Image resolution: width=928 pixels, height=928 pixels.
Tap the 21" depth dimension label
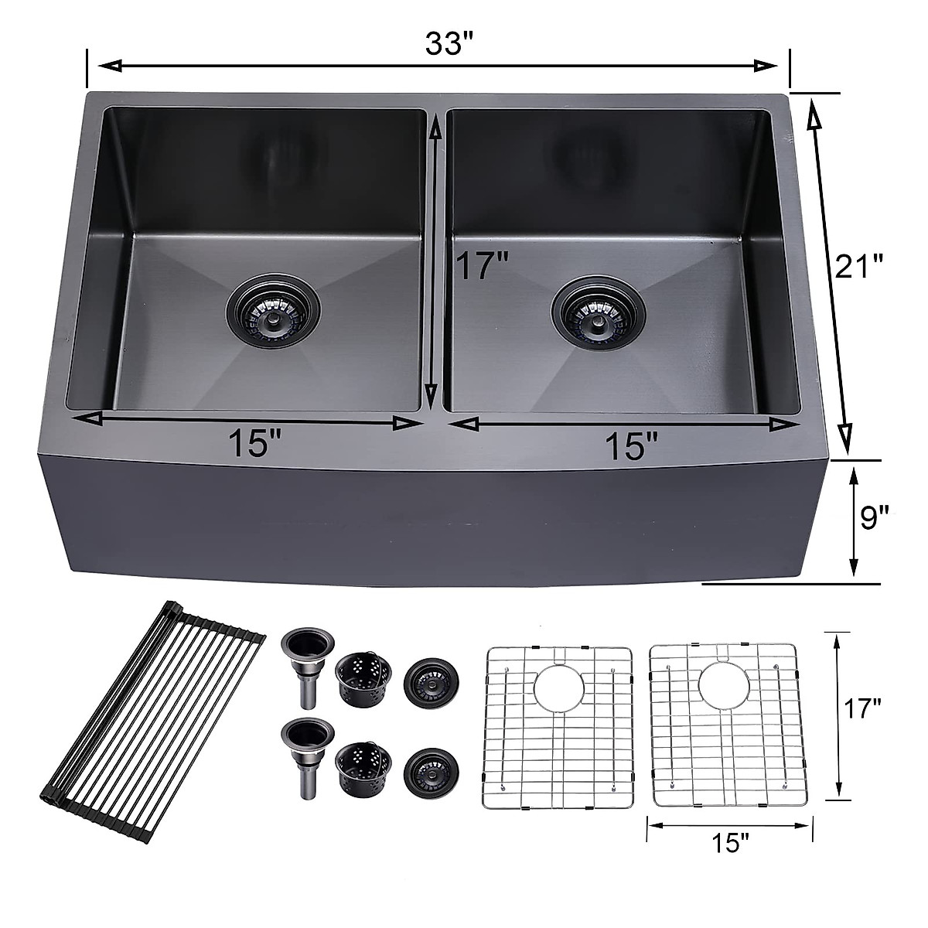click(x=858, y=269)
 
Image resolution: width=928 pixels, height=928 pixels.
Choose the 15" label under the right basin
click(x=632, y=446)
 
